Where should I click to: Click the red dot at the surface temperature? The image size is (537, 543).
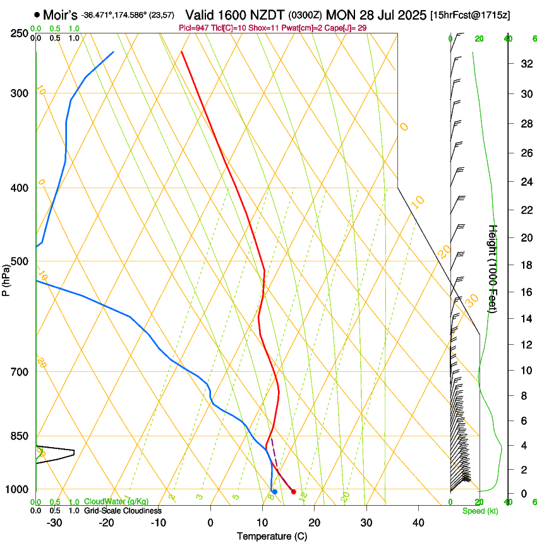[294, 491]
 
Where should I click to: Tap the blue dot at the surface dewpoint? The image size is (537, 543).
[274, 491]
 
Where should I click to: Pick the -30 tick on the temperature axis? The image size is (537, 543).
[54, 523]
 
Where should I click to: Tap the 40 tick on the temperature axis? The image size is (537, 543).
[418, 523]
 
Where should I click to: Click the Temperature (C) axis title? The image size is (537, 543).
[272, 536]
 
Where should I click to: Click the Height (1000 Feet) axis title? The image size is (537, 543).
[493, 268]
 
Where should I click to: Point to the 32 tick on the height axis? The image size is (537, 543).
[525, 64]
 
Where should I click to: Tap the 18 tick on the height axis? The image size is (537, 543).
[525, 265]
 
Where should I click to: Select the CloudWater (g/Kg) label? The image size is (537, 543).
[116, 502]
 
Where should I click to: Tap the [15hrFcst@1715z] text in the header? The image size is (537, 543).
[470, 15]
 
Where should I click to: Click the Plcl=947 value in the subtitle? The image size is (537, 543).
[196, 28]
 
